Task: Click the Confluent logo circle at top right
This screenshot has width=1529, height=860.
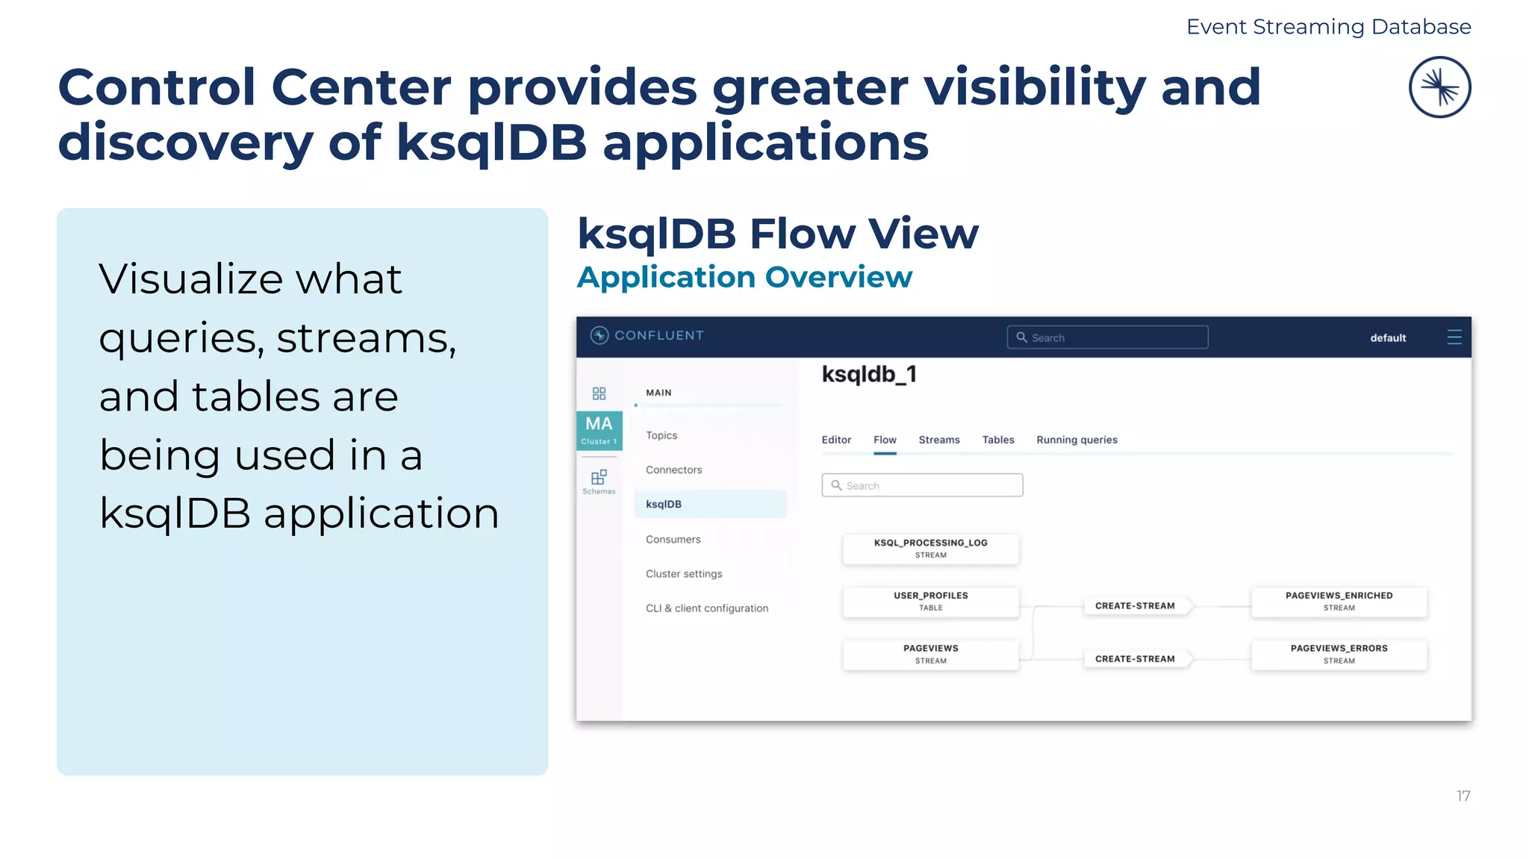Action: pyautogui.click(x=1439, y=87)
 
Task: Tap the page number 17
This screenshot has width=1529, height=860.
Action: pyautogui.click(x=1463, y=796)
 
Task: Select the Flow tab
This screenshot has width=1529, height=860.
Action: pyautogui.click(x=885, y=440)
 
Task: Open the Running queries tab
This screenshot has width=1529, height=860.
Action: pyautogui.click(x=1077, y=440)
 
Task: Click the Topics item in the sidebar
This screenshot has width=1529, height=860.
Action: pyautogui.click(x=661, y=435)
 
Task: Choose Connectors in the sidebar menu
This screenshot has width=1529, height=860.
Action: pyautogui.click(x=673, y=470)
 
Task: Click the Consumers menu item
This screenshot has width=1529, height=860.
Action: pyautogui.click(x=673, y=539)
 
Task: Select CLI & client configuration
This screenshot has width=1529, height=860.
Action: pyautogui.click(x=706, y=608)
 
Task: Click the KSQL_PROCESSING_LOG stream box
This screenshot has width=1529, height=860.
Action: pyautogui.click(x=930, y=548)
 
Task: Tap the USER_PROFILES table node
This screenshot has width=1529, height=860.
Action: pyautogui.click(x=930, y=601)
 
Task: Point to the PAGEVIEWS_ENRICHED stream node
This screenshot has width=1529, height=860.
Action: pyautogui.click(x=1339, y=601)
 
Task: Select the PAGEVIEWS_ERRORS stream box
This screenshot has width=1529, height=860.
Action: pyautogui.click(x=1339, y=654)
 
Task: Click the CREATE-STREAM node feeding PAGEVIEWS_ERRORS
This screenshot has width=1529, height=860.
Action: pyautogui.click(x=1135, y=658)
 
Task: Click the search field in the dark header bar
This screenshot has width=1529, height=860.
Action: pyautogui.click(x=1107, y=337)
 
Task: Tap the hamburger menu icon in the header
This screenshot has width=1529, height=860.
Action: pyautogui.click(x=1454, y=337)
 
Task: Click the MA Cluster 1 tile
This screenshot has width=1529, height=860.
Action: pyautogui.click(x=599, y=430)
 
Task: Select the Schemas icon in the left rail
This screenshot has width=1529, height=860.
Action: pyautogui.click(x=599, y=481)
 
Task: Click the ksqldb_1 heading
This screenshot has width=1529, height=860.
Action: pyautogui.click(x=869, y=374)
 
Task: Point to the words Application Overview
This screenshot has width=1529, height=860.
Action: pyautogui.click(x=744, y=277)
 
